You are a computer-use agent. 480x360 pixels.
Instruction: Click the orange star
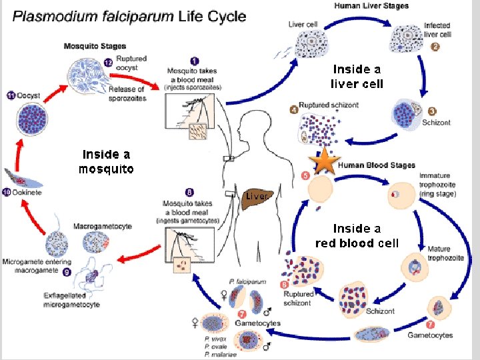pos(325,162)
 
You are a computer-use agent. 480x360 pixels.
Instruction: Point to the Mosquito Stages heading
pos(94,46)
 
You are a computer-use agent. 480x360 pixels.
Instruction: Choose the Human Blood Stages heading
pos(377,165)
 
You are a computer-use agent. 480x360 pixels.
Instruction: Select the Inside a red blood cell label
pos(357,235)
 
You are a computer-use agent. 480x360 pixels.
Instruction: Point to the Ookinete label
pos(28,192)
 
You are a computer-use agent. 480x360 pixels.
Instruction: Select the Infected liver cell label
pos(437,30)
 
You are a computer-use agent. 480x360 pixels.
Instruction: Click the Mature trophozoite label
pos(440,253)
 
